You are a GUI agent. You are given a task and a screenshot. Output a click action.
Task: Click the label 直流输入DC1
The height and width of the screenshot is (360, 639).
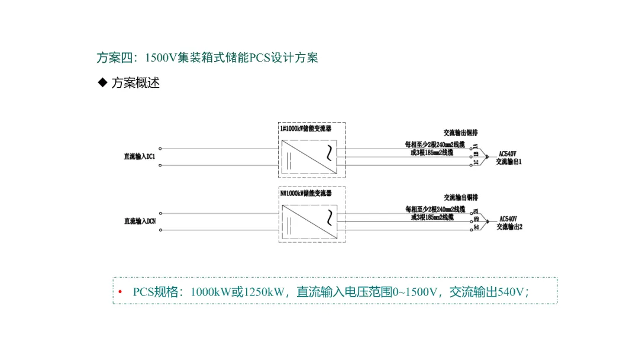pos(139,157)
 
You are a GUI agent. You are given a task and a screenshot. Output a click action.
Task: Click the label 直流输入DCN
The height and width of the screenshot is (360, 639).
pos(140,221)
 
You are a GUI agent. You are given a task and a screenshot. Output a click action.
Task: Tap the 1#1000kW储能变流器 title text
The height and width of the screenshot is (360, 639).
pos(305,128)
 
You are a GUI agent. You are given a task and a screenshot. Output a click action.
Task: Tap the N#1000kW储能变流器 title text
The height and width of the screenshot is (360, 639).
pos(305,193)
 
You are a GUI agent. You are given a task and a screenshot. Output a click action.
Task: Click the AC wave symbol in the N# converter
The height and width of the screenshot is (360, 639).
pos(327,218)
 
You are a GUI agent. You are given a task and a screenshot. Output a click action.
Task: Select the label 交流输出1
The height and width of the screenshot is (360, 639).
pos(509,162)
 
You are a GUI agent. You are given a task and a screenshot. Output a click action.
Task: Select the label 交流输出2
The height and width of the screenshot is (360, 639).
pos(509,226)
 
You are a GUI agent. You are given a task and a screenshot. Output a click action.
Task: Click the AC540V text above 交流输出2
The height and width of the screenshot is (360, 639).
pos(508,218)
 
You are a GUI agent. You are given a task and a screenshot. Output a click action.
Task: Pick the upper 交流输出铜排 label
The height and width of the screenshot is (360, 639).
pos(461,133)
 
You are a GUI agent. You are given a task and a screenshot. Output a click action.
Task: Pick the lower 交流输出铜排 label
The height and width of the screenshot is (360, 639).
pos(461,197)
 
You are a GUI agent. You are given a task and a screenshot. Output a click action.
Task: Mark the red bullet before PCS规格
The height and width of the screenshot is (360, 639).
pos(120,291)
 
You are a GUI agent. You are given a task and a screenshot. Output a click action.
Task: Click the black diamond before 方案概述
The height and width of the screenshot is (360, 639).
pos(102,82)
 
